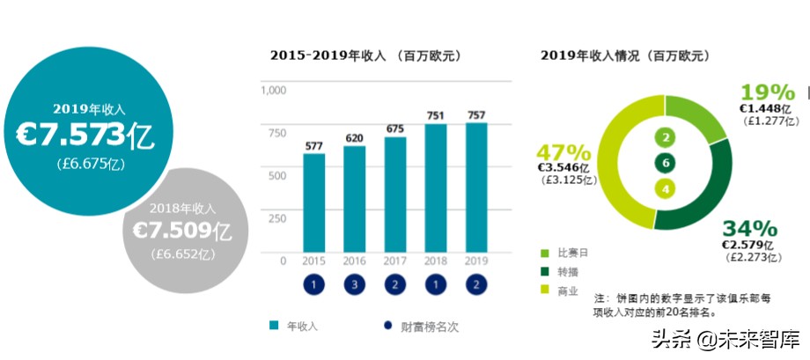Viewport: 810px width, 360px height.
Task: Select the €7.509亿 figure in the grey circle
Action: tap(181, 231)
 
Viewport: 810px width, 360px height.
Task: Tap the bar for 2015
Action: tap(314, 202)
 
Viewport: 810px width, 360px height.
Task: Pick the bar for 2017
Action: tap(395, 194)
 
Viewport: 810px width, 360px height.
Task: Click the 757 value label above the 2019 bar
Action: tap(476, 114)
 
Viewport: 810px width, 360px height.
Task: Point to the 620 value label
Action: tap(355, 137)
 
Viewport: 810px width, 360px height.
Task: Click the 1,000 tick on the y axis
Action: tap(276, 90)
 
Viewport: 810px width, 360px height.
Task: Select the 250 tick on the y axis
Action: tap(277, 218)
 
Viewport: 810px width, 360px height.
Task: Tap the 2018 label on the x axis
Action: tap(436, 261)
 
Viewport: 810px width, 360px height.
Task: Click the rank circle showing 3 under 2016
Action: tap(355, 285)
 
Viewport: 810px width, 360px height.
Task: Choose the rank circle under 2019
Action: tap(476, 285)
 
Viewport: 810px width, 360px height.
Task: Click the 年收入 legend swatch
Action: tap(275, 327)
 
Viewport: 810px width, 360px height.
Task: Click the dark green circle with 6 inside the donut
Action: tap(665, 163)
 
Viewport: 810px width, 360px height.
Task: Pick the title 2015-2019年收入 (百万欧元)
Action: tap(365, 56)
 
